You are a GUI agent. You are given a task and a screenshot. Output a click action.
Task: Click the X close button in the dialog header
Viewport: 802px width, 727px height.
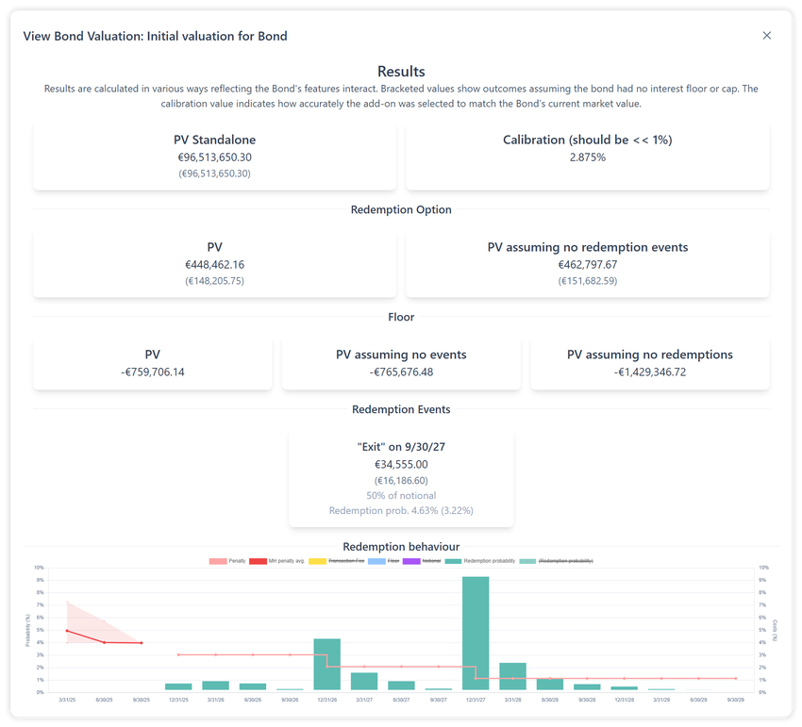coord(766,36)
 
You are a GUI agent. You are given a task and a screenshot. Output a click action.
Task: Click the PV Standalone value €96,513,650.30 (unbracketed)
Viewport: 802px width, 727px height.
coord(214,157)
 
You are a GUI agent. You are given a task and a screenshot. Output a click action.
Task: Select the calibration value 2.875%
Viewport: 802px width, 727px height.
coord(587,157)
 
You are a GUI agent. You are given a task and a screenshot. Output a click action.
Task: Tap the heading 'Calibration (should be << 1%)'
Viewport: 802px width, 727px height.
coord(587,140)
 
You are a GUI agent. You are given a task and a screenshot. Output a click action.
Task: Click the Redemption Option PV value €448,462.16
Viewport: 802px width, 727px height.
coord(214,265)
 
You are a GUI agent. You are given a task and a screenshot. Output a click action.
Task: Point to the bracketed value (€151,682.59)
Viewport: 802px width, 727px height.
coord(587,281)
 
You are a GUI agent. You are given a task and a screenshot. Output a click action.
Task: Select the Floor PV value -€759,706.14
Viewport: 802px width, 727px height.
coord(153,372)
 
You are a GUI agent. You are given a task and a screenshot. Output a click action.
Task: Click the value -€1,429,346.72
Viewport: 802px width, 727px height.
coord(649,372)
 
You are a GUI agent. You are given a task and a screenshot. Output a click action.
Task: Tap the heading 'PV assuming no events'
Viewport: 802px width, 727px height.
coord(401,355)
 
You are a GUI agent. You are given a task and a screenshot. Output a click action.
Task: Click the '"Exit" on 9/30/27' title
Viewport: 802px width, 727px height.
coord(401,447)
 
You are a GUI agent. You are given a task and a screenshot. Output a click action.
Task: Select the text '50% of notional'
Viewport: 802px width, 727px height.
coord(401,495)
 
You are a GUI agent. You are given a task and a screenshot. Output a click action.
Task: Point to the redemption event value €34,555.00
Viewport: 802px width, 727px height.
coord(401,464)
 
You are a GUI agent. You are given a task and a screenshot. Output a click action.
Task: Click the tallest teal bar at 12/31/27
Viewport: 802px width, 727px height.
coord(476,634)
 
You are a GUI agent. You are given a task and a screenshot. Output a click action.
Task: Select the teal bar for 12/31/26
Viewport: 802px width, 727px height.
coord(326,665)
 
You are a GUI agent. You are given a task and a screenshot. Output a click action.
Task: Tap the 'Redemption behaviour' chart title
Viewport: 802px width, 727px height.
coord(401,547)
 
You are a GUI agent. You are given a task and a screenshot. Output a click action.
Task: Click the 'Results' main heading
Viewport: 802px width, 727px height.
coord(401,72)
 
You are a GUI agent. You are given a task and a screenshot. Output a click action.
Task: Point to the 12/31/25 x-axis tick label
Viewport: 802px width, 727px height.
coord(178,701)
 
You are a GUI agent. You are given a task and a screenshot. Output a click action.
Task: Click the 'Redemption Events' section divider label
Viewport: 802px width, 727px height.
coord(401,409)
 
